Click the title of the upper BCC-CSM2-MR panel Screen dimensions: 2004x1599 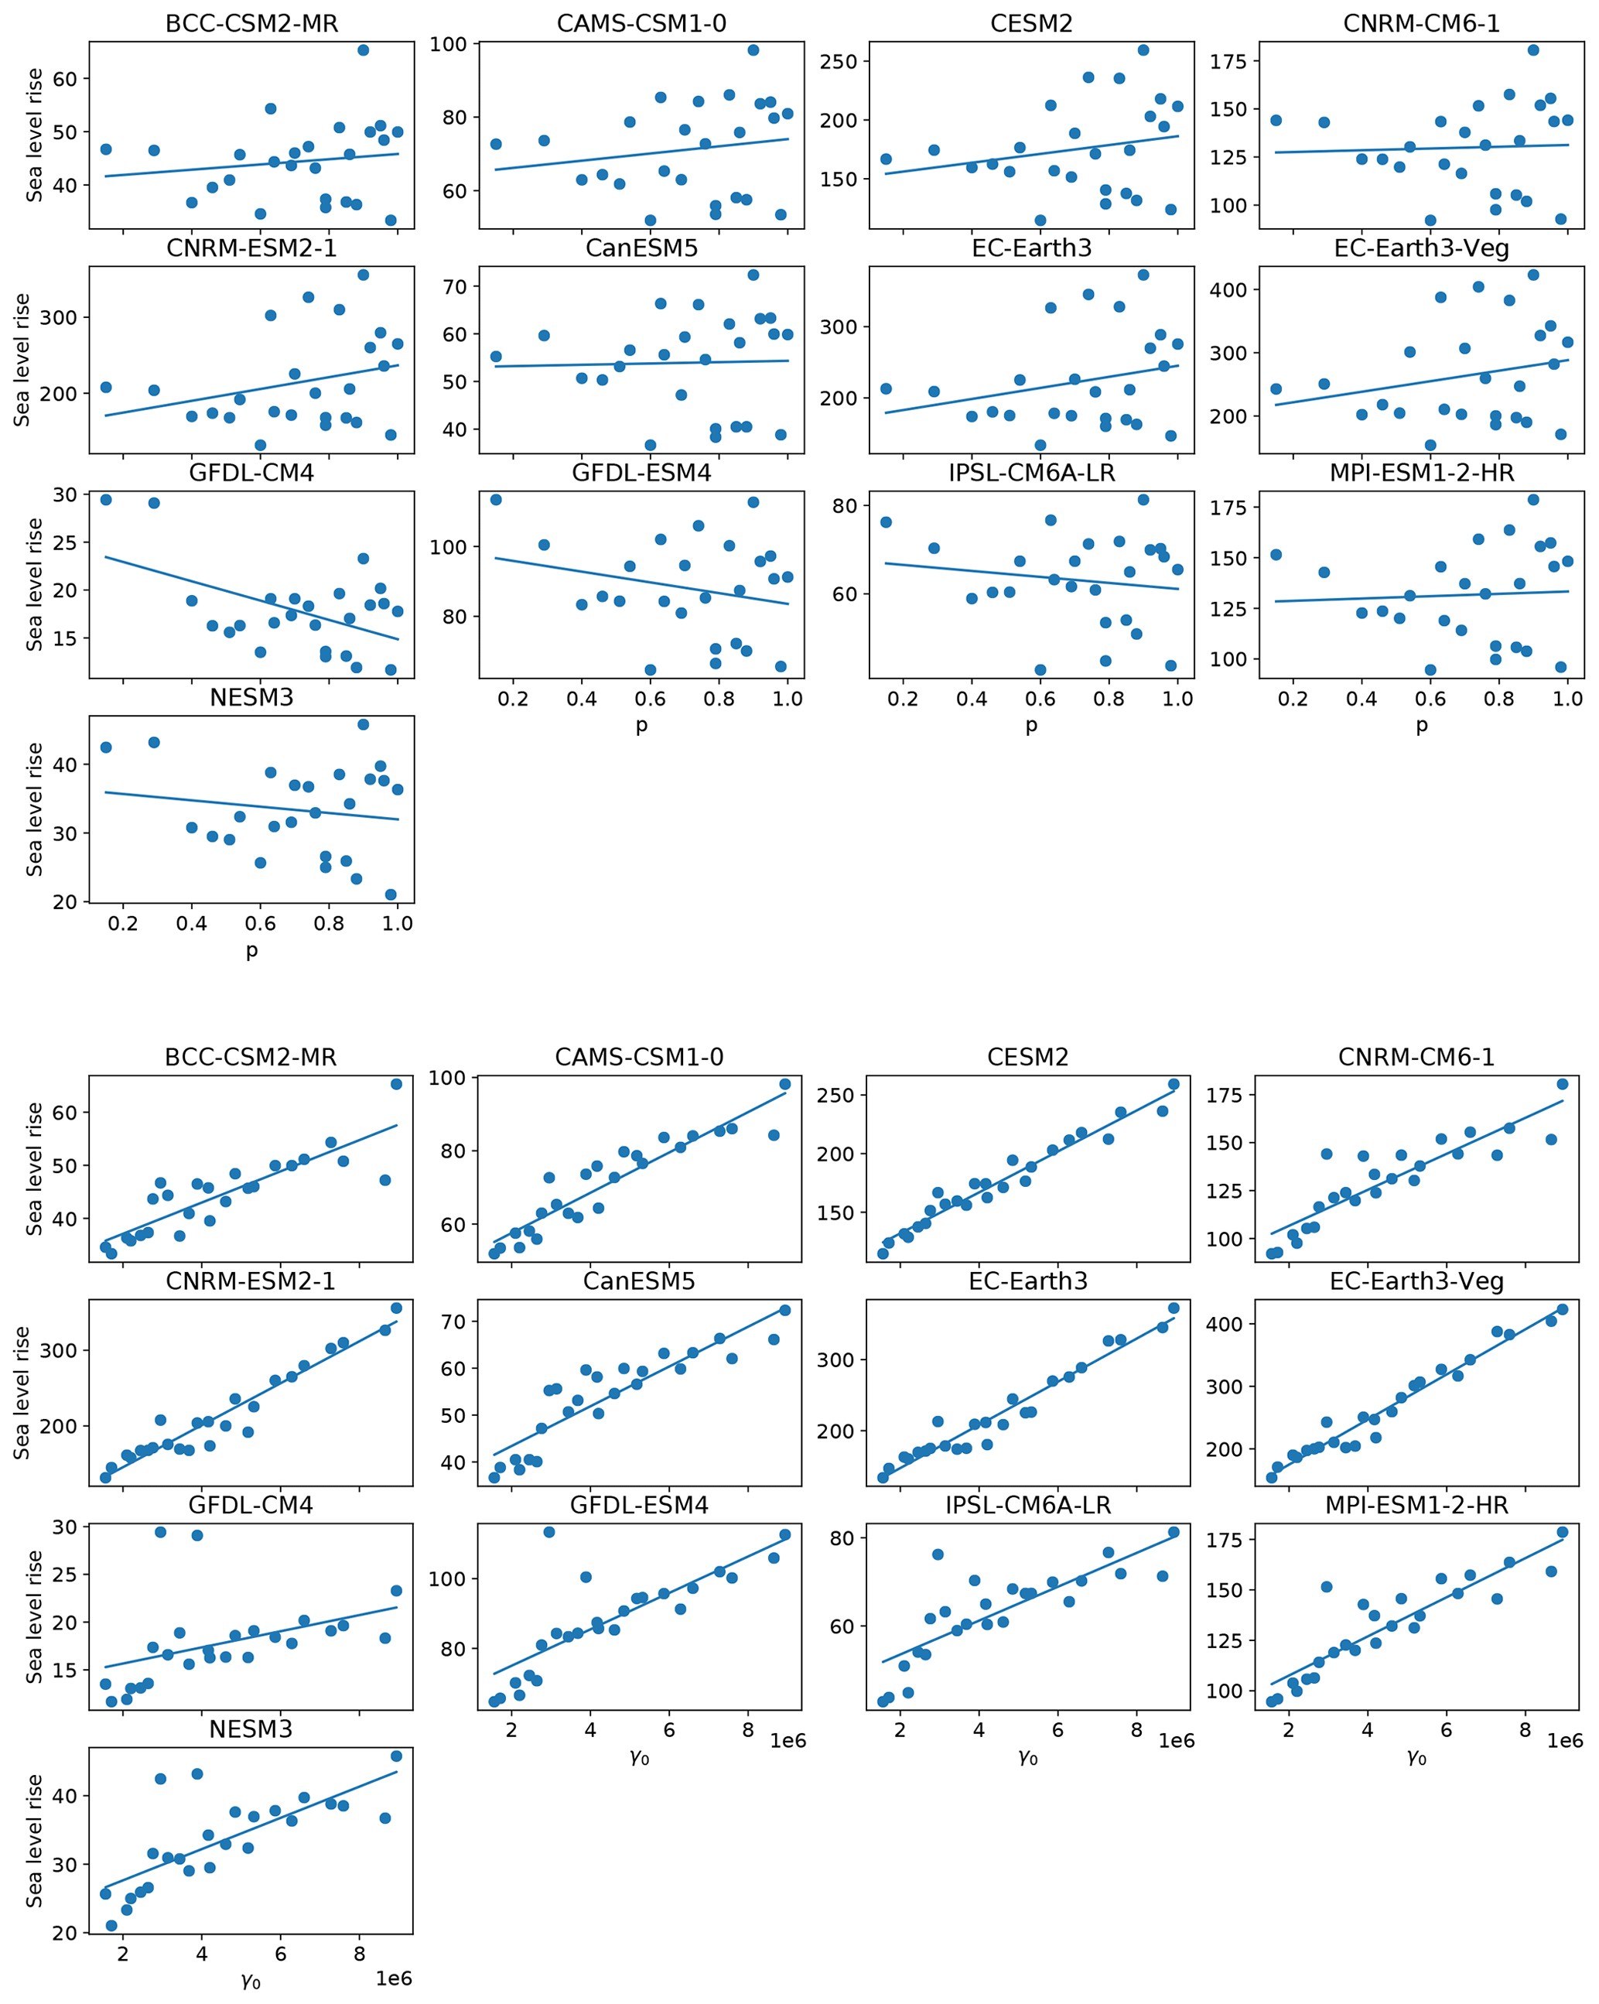pos(251,23)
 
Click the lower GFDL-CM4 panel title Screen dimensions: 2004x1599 pos(251,1505)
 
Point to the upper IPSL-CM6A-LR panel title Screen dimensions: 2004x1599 pos(1030,472)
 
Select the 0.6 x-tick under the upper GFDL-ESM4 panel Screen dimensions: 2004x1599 pos(651,698)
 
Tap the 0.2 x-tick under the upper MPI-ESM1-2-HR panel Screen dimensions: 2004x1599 pos(1293,698)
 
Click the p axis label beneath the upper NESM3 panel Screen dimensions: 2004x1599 pos(251,950)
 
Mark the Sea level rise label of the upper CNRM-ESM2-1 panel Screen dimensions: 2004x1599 pos(23,360)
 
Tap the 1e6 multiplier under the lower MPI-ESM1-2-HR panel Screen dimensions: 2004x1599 pos(1565,1741)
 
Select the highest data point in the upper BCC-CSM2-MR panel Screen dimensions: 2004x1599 pos(364,50)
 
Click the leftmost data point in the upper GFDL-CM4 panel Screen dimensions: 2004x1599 pos(106,499)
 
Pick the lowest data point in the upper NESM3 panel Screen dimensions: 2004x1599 pos(390,894)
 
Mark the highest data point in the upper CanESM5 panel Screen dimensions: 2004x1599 pos(753,275)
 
